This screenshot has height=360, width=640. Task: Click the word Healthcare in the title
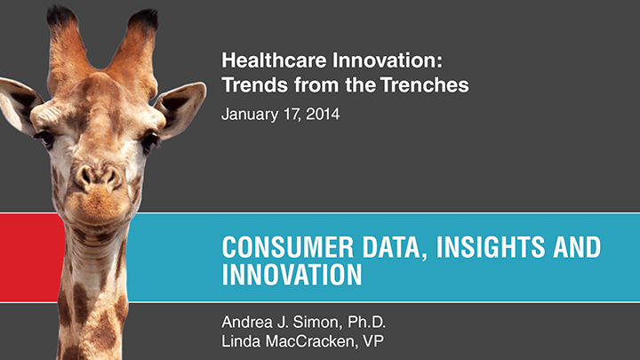click(x=274, y=60)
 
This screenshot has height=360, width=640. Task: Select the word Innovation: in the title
click(x=388, y=60)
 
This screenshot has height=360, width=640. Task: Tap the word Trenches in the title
click(x=425, y=85)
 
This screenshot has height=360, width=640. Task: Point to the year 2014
click(x=323, y=114)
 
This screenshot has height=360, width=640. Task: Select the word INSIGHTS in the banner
click(x=491, y=247)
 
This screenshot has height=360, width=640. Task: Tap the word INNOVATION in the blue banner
click(x=292, y=275)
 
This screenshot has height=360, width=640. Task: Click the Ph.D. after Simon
click(x=366, y=322)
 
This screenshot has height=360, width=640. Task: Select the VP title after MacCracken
click(x=373, y=341)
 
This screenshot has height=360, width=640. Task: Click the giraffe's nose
click(x=99, y=177)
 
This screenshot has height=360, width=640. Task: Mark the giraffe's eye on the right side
click(x=149, y=141)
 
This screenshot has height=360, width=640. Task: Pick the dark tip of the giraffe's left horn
click(x=61, y=16)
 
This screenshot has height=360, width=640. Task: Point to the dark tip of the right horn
click(x=144, y=20)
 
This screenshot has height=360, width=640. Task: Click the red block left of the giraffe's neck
click(x=32, y=258)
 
